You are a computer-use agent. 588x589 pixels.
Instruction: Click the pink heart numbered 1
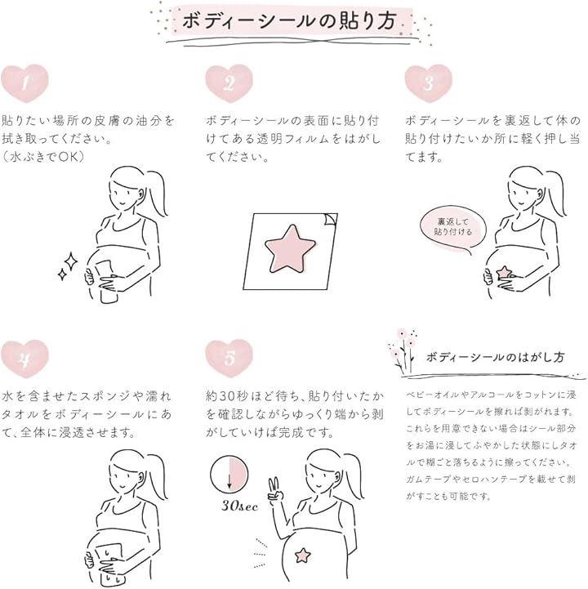(24, 83)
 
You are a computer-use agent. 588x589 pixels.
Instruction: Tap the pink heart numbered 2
(229, 83)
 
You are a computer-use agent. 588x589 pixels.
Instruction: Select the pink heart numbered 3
(429, 83)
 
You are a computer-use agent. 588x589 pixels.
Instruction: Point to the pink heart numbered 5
(229, 359)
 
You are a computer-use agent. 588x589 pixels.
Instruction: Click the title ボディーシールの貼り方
(289, 20)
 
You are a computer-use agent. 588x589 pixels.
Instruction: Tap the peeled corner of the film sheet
(331, 219)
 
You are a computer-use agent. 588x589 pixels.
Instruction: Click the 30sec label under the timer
(240, 506)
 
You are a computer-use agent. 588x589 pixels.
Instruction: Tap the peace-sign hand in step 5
(275, 489)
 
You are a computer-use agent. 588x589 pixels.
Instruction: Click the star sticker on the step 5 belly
(302, 556)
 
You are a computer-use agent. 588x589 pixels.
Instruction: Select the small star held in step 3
(504, 272)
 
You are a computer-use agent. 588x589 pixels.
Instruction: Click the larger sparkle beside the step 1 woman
(70, 262)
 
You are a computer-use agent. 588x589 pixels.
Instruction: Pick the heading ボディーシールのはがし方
(495, 357)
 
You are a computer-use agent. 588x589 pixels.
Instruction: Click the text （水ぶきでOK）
(43, 157)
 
